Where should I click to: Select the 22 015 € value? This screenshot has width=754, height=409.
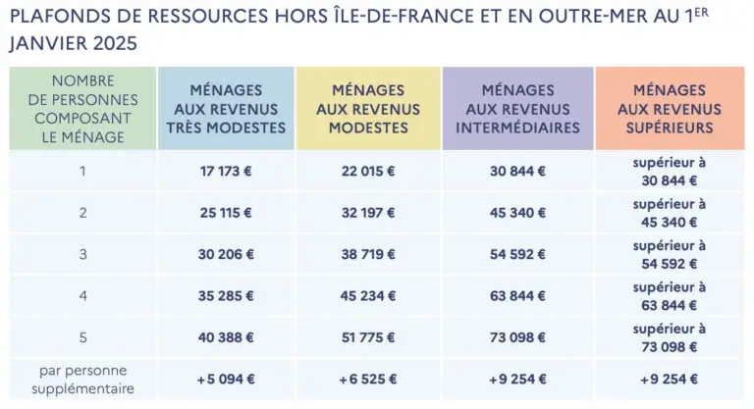coord(369,171)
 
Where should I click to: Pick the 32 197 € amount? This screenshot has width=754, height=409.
coord(369,212)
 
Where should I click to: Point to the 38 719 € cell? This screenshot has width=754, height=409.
coord(369,253)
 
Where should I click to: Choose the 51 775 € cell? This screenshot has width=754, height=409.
coord(369,336)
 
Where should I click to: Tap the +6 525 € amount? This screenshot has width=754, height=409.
coord(369,379)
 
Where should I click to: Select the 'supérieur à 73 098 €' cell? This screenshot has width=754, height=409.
coord(670,336)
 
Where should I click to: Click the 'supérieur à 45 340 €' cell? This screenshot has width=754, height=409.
coord(670,212)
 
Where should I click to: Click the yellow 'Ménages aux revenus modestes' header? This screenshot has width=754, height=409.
coord(369,108)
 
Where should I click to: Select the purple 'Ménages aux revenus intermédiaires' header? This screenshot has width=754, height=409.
coord(517,109)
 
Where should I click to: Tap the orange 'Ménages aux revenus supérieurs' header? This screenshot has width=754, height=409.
coord(670,108)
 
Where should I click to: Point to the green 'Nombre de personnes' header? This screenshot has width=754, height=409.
coord(82,109)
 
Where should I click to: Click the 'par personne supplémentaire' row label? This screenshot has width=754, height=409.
coord(82,379)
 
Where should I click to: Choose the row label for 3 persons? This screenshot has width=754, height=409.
coord(82,253)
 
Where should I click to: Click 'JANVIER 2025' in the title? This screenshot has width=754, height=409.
coord(73,45)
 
